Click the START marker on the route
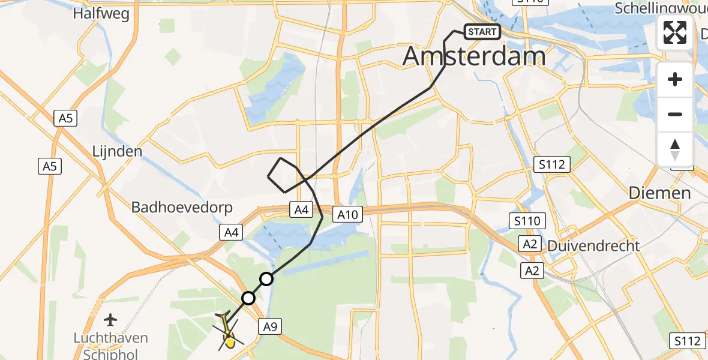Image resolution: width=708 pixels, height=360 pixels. click(x=482, y=32)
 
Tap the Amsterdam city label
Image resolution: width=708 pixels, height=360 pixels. click(x=474, y=56)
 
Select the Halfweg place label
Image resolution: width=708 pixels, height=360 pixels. click(x=101, y=13)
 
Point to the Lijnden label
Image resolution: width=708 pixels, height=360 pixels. click(x=117, y=151)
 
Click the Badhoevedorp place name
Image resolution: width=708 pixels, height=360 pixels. click(x=173, y=207)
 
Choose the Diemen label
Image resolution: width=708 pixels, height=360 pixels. click(x=659, y=193)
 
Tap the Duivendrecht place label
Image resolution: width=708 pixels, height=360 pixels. click(x=593, y=245)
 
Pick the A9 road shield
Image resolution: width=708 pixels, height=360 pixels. click(x=269, y=326)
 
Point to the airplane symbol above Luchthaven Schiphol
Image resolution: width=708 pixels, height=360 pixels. click(x=110, y=319)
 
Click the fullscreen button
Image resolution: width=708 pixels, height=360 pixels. click(x=675, y=32)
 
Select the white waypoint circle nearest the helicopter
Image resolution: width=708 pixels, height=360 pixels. click(x=248, y=298)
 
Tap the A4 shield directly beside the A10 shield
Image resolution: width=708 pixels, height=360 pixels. click(x=301, y=209)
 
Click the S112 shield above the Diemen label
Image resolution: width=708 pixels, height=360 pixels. click(x=553, y=164)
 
